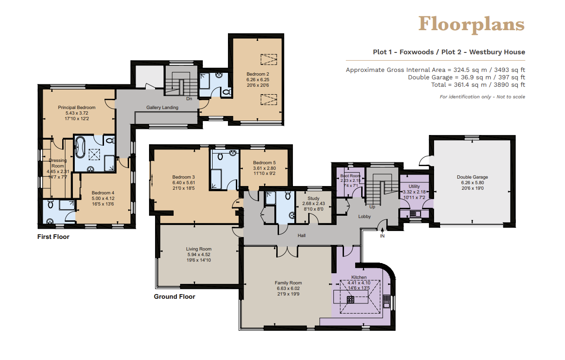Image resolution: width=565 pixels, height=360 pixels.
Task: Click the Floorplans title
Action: pyautogui.click(x=471, y=25)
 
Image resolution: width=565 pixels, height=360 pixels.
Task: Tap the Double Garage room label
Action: pyautogui.click(x=472, y=177)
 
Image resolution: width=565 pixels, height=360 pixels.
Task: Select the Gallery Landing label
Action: pyautogui.click(x=162, y=107)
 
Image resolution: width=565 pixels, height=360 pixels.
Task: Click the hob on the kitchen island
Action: pyautogui.click(x=351, y=300)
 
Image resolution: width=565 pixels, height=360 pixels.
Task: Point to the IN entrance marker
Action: pyautogui.click(x=383, y=236)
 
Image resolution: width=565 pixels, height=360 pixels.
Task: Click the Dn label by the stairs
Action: pyautogui.click(x=189, y=98)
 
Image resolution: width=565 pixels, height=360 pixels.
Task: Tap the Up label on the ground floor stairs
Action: pyautogui.click(x=372, y=207)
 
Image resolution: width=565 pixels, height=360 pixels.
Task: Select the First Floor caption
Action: pyautogui.click(x=53, y=237)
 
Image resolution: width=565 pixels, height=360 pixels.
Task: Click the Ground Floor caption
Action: pyautogui.click(x=175, y=296)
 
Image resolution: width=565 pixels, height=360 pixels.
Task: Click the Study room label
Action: pyautogui.click(x=313, y=199)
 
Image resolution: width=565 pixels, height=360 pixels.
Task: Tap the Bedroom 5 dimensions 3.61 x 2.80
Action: pyautogui.click(x=264, y=168)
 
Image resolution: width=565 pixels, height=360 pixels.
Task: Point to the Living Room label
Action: pyautogui.click(x=199, y=249)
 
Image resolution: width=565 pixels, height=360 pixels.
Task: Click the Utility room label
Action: pyautogui.click(x=414, y=186)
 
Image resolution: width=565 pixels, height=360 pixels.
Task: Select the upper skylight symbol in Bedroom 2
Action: pyautogui.click(x=269, y=59)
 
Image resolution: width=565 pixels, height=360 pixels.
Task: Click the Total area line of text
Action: pyautogui.click(x=478, y=85)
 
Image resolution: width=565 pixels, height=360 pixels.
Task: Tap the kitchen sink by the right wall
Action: pyautogui.click(x=386, y=301)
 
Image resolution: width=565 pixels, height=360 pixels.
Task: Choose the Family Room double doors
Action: pyautogui.click(x=287, y=251)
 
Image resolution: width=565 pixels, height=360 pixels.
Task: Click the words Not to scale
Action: pyautogui.click(x=511, y=97)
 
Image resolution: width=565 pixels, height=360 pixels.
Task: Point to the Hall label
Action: pyautogui.click(x=301, y=236)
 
